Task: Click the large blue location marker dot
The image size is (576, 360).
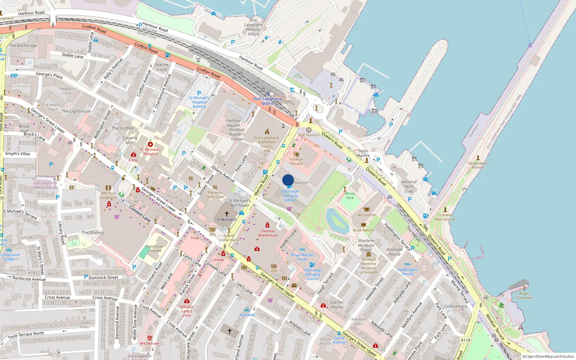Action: (x=288, y=180)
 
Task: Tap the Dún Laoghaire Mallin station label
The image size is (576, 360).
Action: (x=267, y=101)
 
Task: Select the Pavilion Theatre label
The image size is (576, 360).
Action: (x=296, y=161)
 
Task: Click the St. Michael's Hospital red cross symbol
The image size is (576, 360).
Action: (x=150, y=144)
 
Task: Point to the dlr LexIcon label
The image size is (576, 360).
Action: (x=367, y=215)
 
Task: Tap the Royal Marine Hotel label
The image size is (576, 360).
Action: (x=302, y=257)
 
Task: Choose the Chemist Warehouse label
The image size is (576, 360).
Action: (x=267, y=233)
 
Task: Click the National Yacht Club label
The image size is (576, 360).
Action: (x=409, y=186)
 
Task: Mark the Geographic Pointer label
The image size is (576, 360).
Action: (x=478, y=165)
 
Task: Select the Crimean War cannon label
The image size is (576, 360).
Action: (x=445, y=217)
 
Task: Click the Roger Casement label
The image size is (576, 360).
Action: (x=525, y=296)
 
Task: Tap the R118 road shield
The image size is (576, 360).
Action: (x=465, y=340)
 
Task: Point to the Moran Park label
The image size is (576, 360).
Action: (x=350, y=195)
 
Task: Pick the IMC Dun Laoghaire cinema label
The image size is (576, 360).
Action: (x=108, y=195)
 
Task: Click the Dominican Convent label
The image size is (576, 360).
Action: (x=155, y=249)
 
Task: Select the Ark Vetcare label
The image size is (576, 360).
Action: (x=149, y=343)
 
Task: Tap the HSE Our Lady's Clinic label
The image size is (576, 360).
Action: (x=187, y=311)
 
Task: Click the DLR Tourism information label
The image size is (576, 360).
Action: (x=309, y=135)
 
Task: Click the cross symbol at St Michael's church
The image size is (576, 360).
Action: (x=227, y=214)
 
